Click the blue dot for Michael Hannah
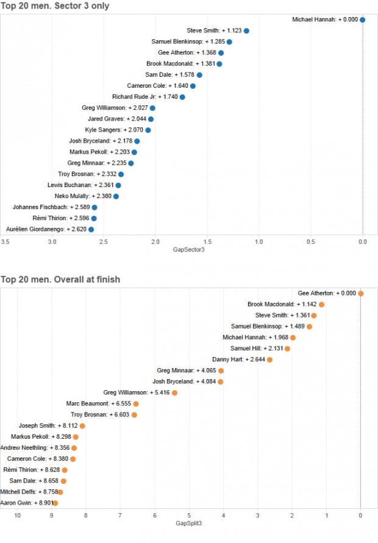pyautogui.click(x=363, y=20)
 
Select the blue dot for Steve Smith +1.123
pyautogui.click(x=246, y=30)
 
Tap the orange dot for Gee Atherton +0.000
pyautogui.click(x=361, y=293)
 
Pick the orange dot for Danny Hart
pyautogui.click(x=269, y=360)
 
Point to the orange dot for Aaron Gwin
pyautogui.click(x=55, y=503)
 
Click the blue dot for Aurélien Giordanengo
pyautogui.click(x=91, y=229)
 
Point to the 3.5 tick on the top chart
pyautogui.click(x=5, y=242)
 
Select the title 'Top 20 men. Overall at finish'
pyautogui.click(x=60, y=280)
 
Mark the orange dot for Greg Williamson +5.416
pyautogui.click(x=174, y=392)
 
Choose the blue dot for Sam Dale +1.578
pyautogui.click(x=199, y=75)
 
